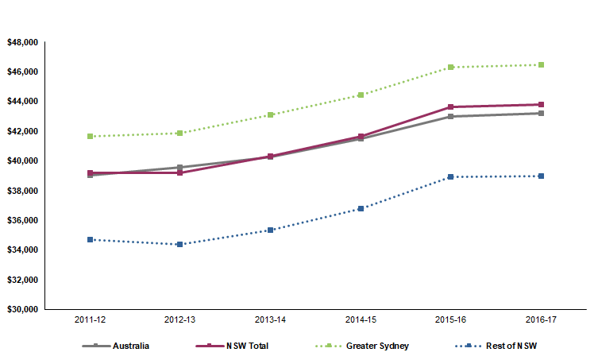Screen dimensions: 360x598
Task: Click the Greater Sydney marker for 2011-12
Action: click(91, 136)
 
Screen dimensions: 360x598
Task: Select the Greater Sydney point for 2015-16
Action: click(451, 67)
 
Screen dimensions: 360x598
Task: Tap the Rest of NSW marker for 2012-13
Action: click(180, 244)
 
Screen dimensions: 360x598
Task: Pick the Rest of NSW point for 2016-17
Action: click(541, 176)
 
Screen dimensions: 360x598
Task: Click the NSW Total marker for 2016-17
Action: click(541, 104)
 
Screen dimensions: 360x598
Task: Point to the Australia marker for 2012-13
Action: click(180, 167)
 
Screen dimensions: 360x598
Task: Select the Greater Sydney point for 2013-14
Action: click(271, 114)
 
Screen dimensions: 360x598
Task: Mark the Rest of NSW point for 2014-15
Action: click(361, 208)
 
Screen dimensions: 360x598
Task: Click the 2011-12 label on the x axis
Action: click(91, 319)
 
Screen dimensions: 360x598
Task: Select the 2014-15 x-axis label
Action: click(361, 319)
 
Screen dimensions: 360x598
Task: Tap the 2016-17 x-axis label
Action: click(541, 319)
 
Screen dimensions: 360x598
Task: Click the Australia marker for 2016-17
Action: click(541, 113)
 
